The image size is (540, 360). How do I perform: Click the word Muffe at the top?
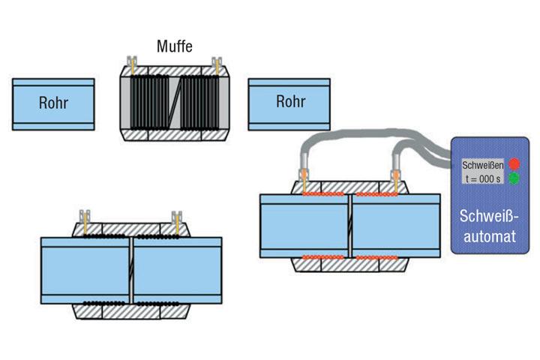[x=175, y=46]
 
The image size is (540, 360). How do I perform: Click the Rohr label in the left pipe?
[x=52, y=103]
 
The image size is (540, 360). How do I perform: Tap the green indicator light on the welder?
[x=514, y=178]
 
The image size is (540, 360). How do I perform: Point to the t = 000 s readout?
[x=483, y=178]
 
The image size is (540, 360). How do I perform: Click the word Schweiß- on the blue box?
[x=491, y=219]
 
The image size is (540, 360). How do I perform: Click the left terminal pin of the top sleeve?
[x=132, y=64]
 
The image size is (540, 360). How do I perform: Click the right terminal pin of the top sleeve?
[x=218, y=64]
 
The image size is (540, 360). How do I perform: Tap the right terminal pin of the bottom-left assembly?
[x=177, y=220]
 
